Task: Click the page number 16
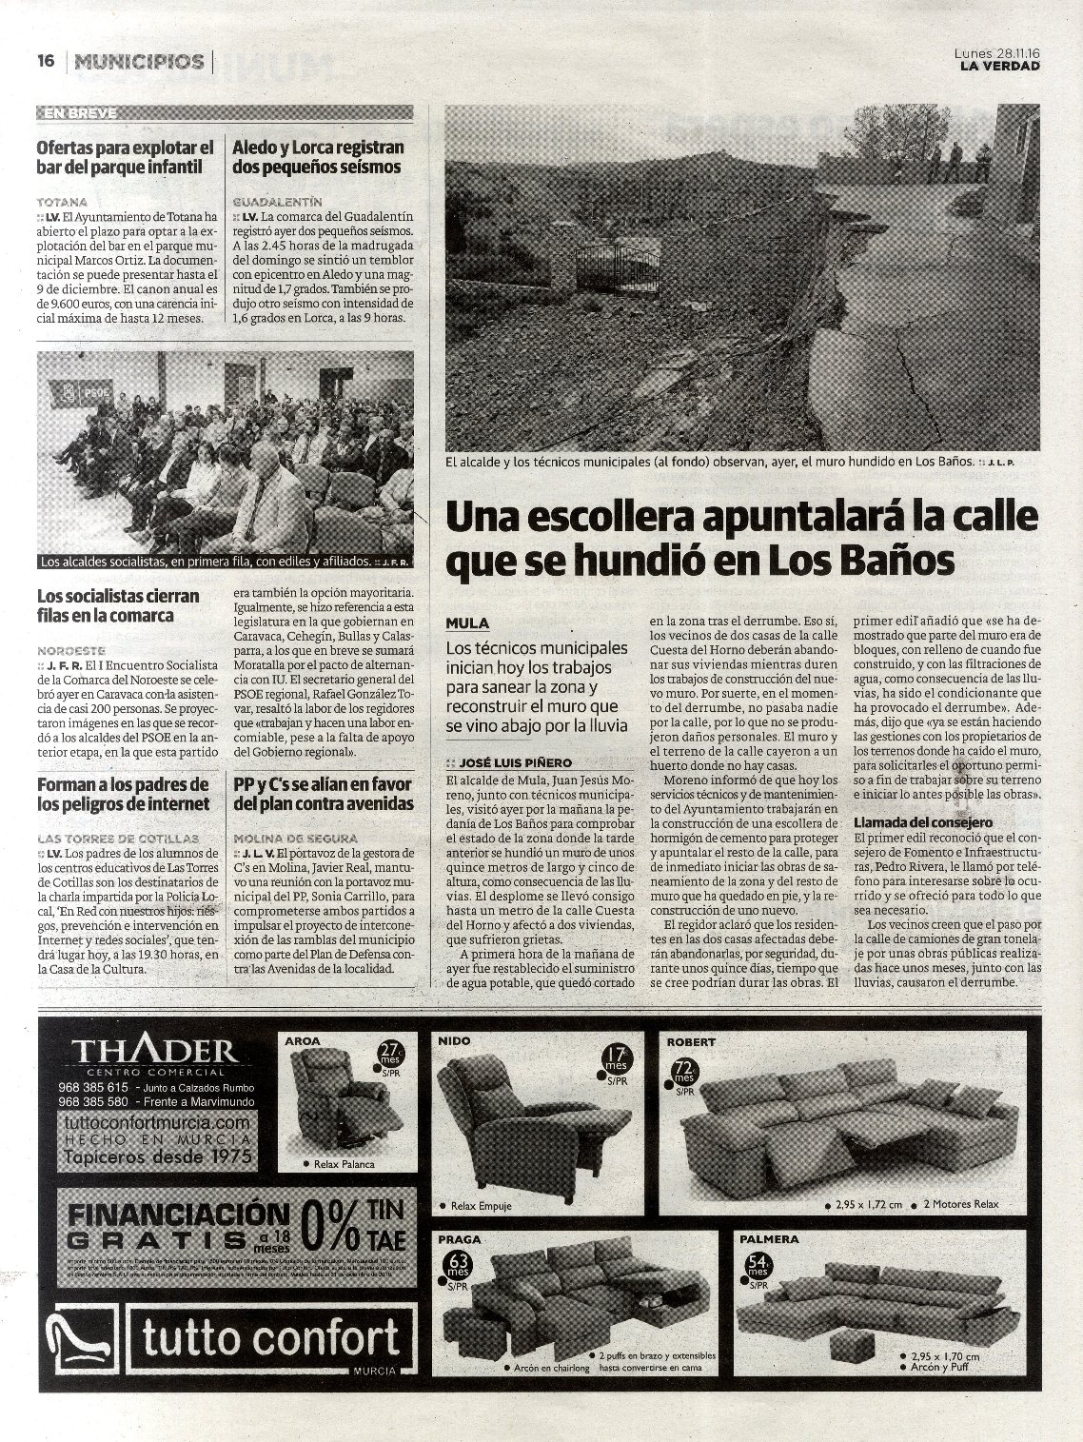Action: [x=45, y=61]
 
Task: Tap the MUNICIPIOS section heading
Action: [x=139, y=62]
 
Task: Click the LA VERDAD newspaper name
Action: [x=999, y=66]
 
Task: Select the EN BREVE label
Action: [x=80, y=112]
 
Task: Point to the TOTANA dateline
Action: [x=62, y=202]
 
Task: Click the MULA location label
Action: [x=467, y=622]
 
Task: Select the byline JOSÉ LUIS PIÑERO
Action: [x=515, y=762]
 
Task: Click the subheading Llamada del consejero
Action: [x=922, y=821]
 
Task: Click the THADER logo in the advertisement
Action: [x=155, y=1051]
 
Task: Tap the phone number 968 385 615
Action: [x=92, y=1087]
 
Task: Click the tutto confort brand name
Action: [x=270, y=1337]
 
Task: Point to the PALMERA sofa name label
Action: [x=769, y=1239]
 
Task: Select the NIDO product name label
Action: [x=454, y=1041]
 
